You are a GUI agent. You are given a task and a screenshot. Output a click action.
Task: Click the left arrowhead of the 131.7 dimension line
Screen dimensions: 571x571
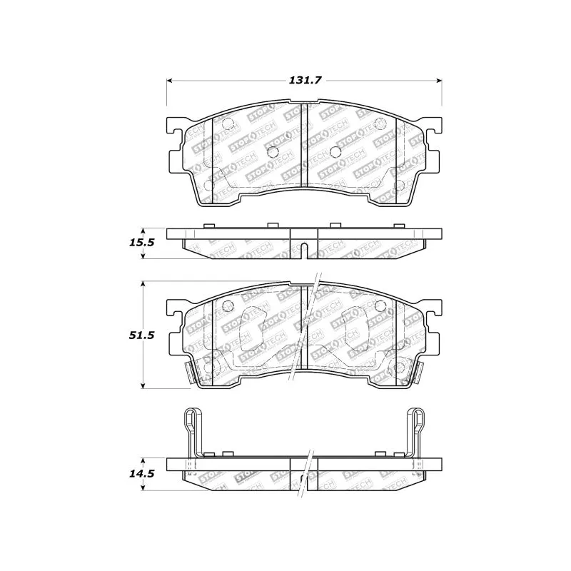(171, 81)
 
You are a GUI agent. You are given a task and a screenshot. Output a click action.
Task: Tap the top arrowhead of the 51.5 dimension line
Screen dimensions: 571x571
(145, 284)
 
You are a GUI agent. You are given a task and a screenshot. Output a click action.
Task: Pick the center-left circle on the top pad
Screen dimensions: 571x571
(271, 151)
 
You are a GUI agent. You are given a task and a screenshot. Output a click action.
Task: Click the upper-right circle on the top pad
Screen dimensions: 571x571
(380, 123)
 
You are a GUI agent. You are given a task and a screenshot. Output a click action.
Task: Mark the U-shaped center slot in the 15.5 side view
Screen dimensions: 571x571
(304, 251)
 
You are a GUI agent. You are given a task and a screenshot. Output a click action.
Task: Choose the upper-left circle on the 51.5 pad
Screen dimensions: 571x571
(228, 308)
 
